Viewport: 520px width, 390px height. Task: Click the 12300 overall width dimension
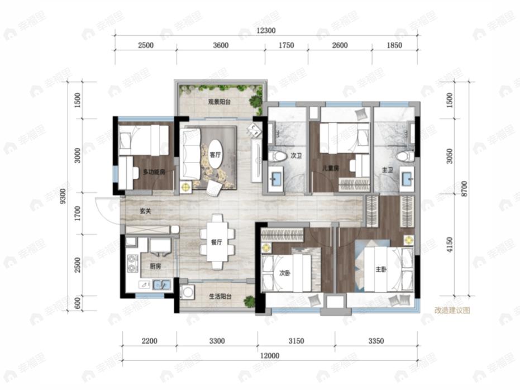coord(266,31)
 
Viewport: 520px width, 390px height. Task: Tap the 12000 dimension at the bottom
coord(270,355)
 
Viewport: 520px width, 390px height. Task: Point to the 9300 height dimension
coord(63,196)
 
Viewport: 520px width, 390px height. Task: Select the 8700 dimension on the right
coord(464,189)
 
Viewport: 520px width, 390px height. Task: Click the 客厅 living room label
coord(215,155)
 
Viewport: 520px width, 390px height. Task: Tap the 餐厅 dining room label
coord(217,242)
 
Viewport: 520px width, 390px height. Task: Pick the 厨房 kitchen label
coord(155,266)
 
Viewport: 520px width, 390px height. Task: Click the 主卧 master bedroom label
coord(381,270)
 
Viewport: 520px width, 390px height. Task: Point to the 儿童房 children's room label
coord(331,169)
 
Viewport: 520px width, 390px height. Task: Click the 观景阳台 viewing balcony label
coord(219,102)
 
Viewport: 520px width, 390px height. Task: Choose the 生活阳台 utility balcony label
coord(220,297)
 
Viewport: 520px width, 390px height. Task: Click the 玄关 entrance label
coord(145,211)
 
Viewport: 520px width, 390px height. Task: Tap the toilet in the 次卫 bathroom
coord(277,156)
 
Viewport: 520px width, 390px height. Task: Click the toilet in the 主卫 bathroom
coord(405,156)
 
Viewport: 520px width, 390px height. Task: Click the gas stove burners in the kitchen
coord(133,263)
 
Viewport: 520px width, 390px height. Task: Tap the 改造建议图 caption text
coord(452,311)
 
